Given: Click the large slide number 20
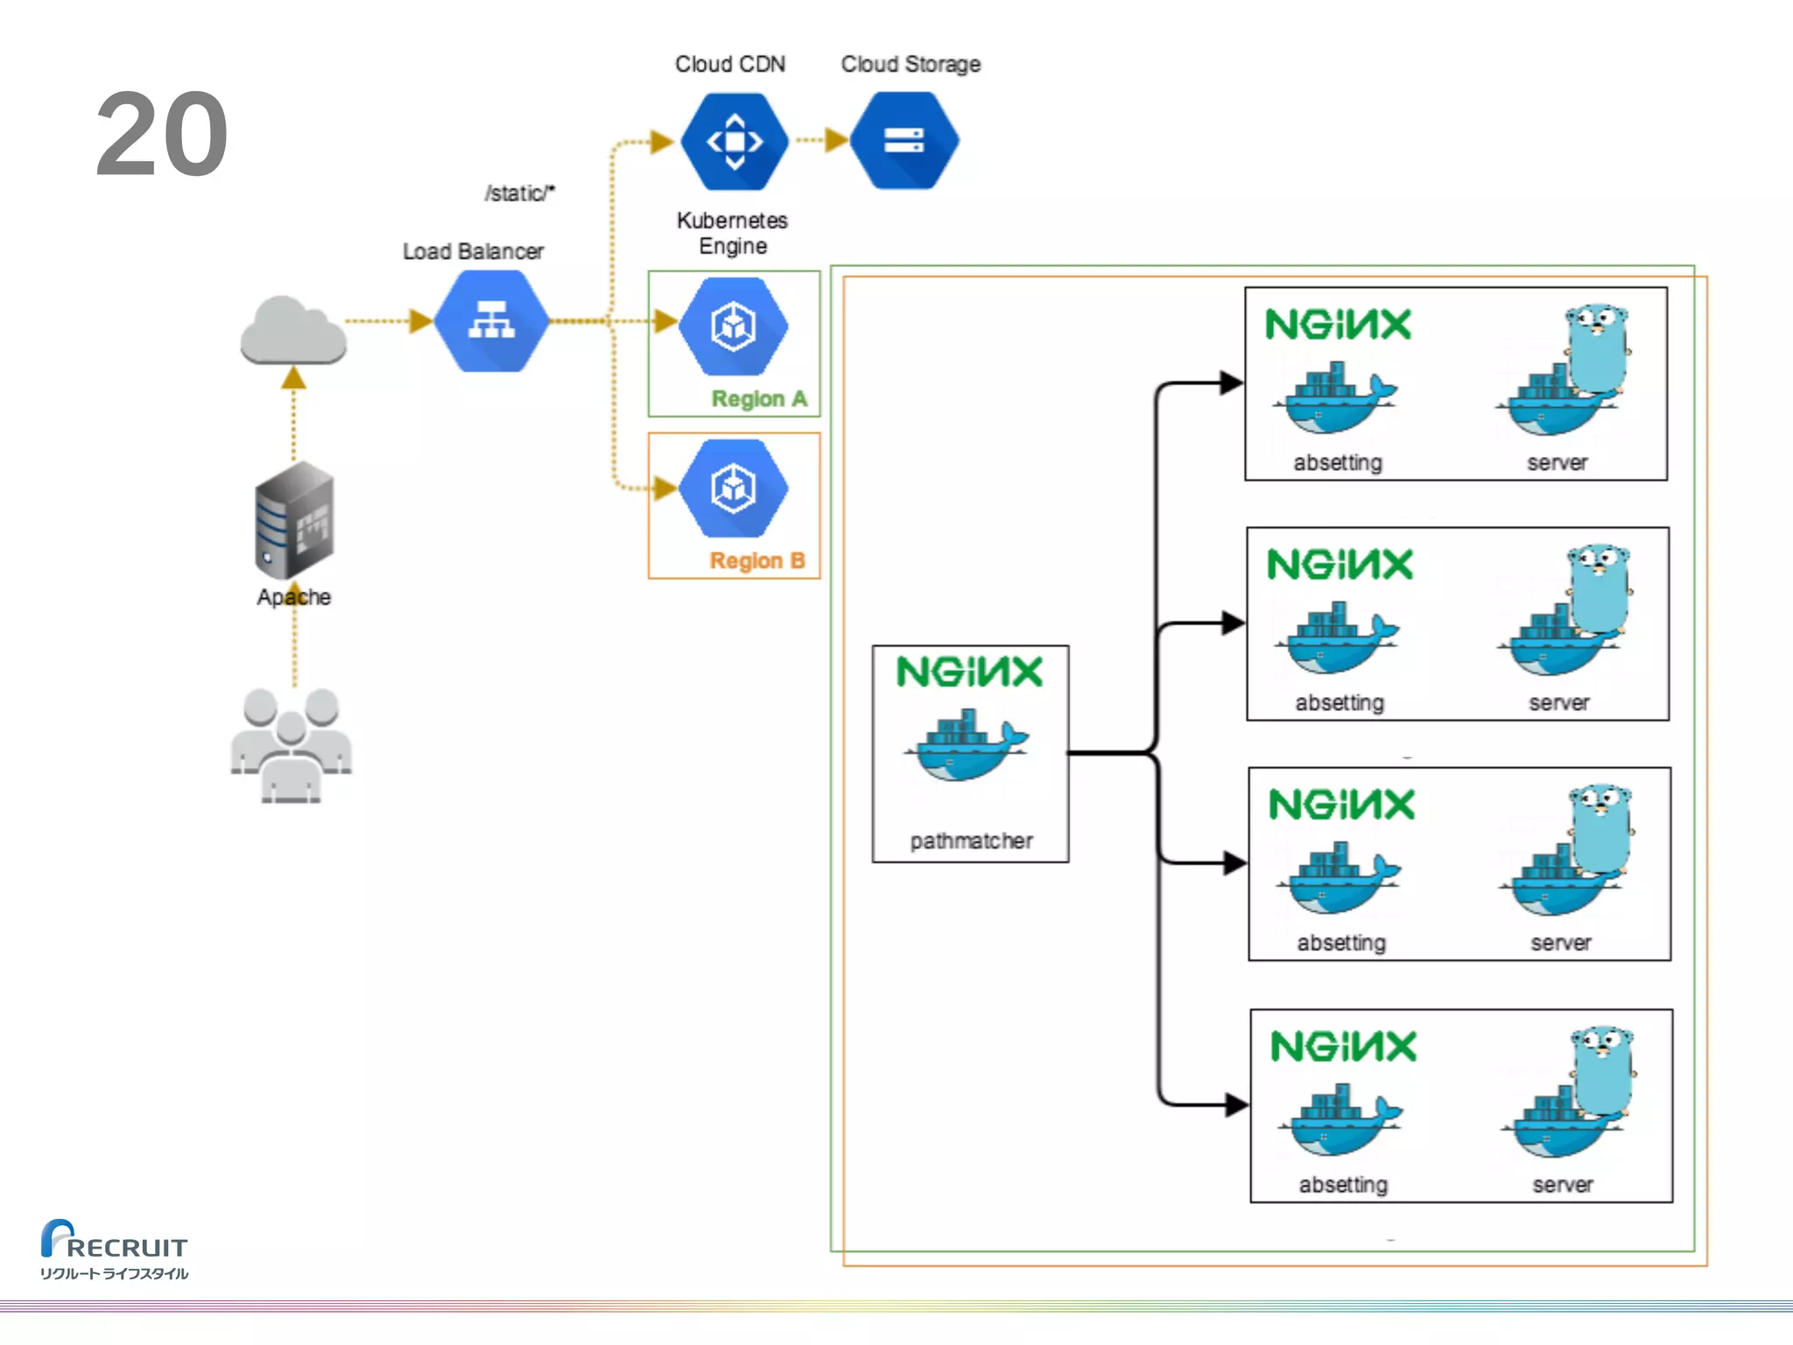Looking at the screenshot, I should click(162, 135).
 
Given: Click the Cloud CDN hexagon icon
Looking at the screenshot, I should click(734, 141).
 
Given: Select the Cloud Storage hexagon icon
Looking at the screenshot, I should click(904, 141).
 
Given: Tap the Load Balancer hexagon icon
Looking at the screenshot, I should click(491, 321).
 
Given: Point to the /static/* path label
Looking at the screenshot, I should click(520, 193).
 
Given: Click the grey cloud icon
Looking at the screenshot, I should click(293, 331).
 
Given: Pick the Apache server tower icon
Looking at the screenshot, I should click(294, 520).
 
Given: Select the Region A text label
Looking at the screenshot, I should click(759, 399).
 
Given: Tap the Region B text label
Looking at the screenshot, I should click(757, 560).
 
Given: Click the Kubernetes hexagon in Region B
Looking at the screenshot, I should click(734, 488).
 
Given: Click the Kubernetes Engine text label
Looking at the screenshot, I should click(733, 233).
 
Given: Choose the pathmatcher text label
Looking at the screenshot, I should click(971, 841).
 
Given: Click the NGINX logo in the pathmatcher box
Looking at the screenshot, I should click(970, 672).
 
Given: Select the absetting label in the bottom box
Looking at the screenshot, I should click(1343, 1185).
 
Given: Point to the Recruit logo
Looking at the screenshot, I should click(114, 1249).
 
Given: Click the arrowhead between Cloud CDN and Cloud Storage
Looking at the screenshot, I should click(836, 140).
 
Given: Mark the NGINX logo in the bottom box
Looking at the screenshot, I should click(1343, 1046).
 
